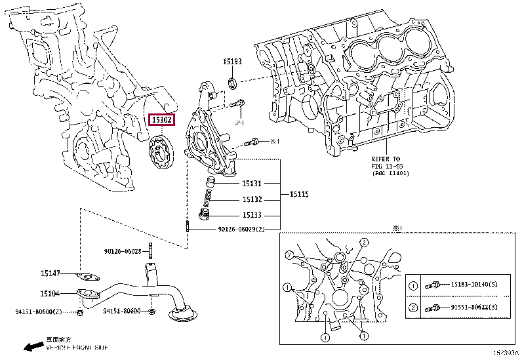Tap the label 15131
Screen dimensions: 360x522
(251, 184)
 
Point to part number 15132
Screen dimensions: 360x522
(251, 199)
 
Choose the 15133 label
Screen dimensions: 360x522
(251, 215)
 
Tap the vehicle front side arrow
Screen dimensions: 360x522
(30, 345)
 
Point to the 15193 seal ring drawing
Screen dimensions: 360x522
(231, 81)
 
